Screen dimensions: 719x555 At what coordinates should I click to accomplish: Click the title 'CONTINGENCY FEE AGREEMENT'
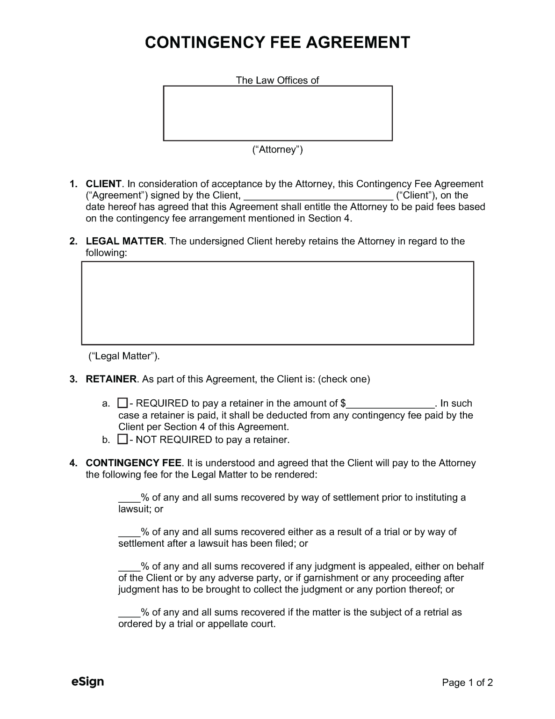pyautogui.click(x=277, y=43)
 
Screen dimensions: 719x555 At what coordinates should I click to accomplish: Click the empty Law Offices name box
pyautogui.click(x=277, y=113)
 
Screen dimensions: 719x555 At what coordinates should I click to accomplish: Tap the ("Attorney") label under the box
pyautogui.click(x=277, y=150)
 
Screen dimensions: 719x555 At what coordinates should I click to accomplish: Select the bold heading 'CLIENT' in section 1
pyautogui.click(x=103, y=184)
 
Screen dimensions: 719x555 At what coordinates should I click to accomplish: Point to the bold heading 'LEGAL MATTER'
pyautogui.click(x=125, y=242)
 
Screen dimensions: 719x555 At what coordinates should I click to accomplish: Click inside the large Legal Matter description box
pyautogui.click(x=277, y=303)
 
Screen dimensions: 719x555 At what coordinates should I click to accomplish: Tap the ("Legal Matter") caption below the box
pyautogui.click(x=124, y=356)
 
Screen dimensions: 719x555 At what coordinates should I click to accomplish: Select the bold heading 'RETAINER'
pyautogui.click(x=111, y=379)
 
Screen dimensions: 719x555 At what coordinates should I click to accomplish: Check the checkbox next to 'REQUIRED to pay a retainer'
pyautogui.click(x=123, y=403)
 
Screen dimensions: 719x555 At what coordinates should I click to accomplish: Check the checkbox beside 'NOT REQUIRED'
pyautogui.click(x=123, y=439)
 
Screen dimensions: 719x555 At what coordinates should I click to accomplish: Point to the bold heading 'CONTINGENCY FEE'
pyautogui.click(x=134, y=463)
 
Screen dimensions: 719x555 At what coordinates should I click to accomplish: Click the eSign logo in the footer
pyautogui.click(x=87, y=682)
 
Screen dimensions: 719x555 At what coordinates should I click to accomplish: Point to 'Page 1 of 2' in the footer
pyautogui.click(x=468, y=683)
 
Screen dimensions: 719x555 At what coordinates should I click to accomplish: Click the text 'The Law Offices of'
pyautogui.click(x=277, y=80)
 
